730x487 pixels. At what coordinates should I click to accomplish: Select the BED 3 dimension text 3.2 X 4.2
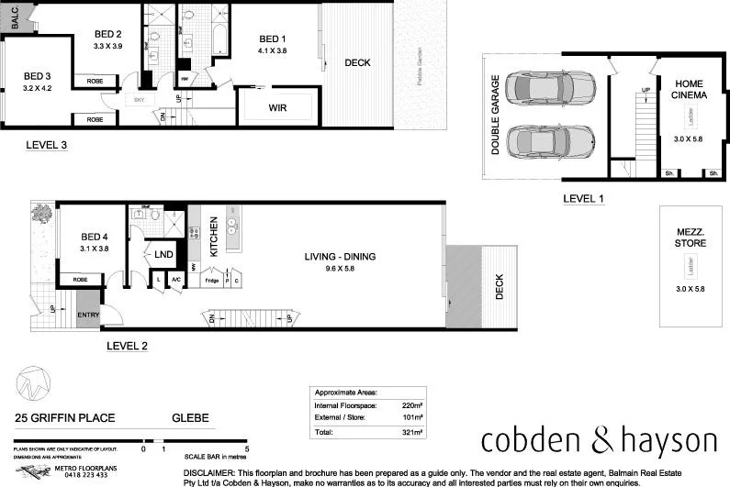pyautogui.click(x=37, y=88)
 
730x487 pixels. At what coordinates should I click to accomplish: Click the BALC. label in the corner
pyautogui.click(x=15, y=15)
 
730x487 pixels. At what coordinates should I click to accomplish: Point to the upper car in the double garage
pyautogui.click(x=544, y=89)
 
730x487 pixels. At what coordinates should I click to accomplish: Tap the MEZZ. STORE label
pyautogui.click(x=691, y=238)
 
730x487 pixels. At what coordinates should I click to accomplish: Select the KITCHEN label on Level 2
pyautogui.click(x=213, y=236)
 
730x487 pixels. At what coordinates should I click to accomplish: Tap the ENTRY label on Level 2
pyautogui.click(x=89, y=316)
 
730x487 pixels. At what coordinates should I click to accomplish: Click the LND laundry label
pyautogui.click(x=164, y=254)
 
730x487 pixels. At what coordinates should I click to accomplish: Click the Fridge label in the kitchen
pyautogui.click(x=211, y=280)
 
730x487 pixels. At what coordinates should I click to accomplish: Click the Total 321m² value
pyautogui.click(x=411, y=431)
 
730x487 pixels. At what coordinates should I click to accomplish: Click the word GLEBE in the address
pyautogui.click(x=190, y=419)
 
